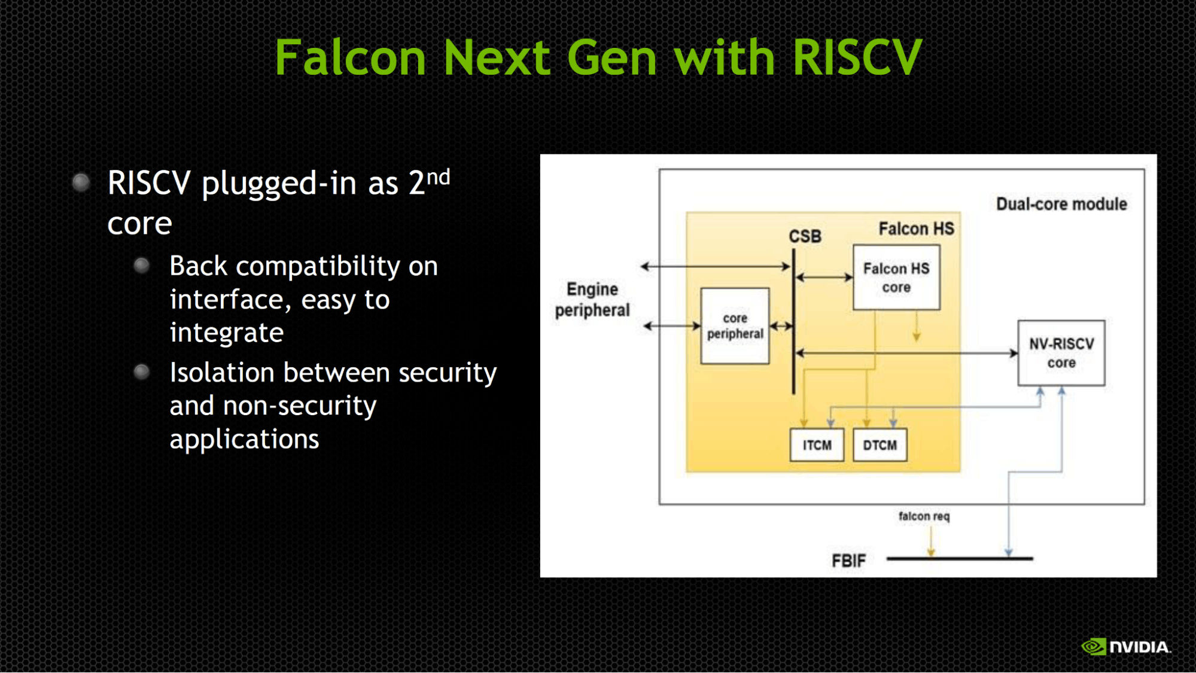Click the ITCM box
817,445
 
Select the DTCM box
879,445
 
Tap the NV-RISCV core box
1061,353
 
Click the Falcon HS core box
896,278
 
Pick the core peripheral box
735,326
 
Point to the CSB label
805,236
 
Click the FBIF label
848,561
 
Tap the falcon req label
924,516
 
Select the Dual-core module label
1061,204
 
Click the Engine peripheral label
592,300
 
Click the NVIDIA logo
1125,647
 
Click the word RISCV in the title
857,57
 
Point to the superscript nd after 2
438,177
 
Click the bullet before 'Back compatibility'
142,265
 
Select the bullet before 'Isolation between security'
142,372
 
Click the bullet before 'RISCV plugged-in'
81,182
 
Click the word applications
244,439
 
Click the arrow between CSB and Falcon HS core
824,277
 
